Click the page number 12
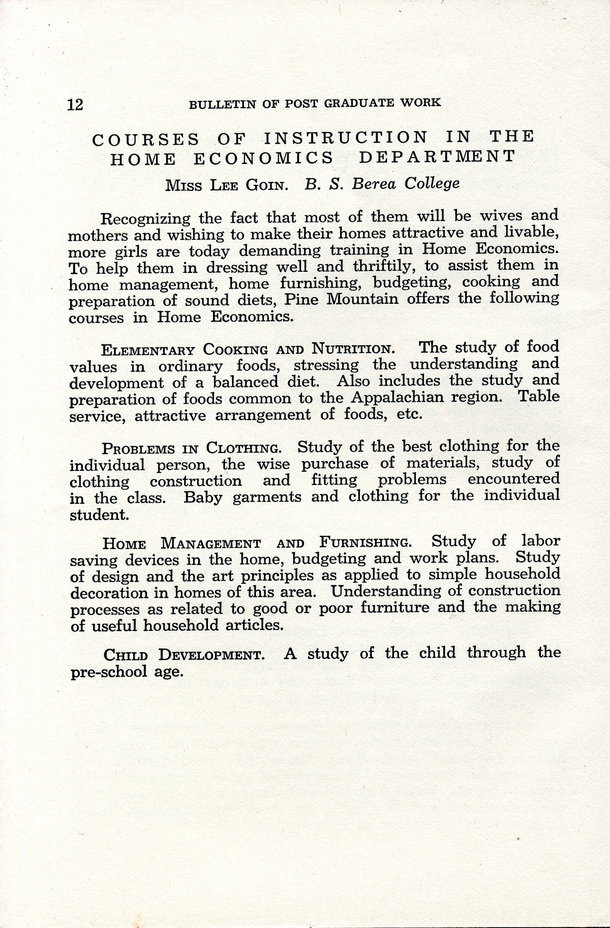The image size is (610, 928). [75, 105]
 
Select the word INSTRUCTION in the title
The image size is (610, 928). [346, 138]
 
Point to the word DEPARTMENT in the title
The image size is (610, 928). [437, 156]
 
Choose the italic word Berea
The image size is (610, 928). [374, 184]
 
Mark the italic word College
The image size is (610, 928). [432, 183]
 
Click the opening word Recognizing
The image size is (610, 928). [145, 219]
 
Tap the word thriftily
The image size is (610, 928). [378, 267]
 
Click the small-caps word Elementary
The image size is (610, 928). [148, 350]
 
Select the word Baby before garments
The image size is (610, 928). [203, 497]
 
